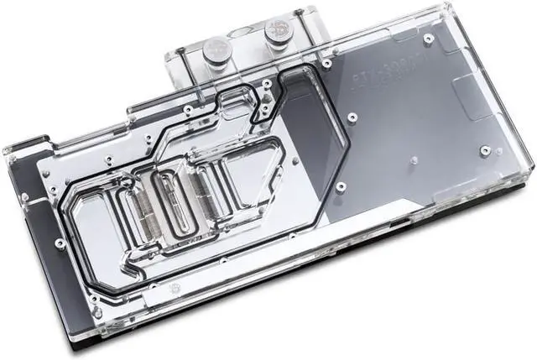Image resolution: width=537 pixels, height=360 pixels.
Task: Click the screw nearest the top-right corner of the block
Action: [429, 39]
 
